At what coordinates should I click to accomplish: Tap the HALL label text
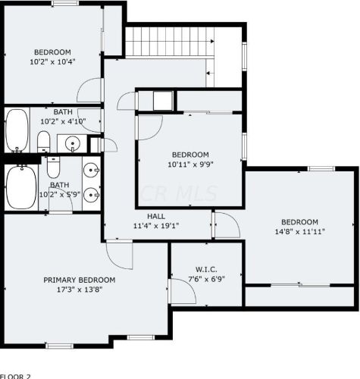coord(156,216)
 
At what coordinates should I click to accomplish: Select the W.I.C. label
coord(206,268)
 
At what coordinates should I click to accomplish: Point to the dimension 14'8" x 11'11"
coord(299,232)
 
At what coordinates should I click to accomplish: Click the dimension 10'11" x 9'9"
coord(189,163)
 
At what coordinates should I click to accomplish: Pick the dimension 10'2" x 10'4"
coord(52,61)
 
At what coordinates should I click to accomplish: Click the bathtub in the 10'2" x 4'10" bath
coord(17,130)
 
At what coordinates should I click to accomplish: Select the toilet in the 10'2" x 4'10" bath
coord(44,140)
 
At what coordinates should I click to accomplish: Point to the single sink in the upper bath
coord(72,142)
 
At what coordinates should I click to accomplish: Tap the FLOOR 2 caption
coord(16,375)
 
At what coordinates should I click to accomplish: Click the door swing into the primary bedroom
coord(117,252)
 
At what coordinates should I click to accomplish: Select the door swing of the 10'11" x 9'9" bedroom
coord(150,126)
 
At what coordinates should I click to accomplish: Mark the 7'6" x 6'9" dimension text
coord(206,278)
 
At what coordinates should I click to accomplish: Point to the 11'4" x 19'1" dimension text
coord(156,226)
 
